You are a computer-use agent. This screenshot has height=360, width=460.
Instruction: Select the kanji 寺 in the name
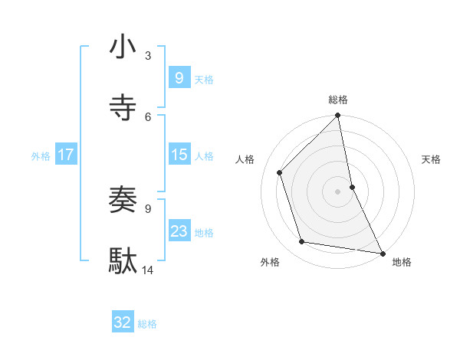pos(123,108)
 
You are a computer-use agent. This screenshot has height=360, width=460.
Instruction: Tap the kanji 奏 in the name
pos(123,200)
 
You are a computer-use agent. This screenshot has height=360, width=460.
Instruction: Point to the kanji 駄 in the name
pos(123,261)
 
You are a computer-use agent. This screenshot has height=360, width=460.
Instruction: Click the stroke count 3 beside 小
pos(148,55)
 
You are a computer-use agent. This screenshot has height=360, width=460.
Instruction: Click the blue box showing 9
pos(179,77)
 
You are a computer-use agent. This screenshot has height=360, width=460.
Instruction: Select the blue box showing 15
pos(179,155)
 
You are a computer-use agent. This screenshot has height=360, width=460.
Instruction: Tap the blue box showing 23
pos(179,231)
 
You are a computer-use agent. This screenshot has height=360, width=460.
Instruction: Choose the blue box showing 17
pos(66,155)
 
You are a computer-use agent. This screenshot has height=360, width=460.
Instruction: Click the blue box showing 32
pos(123,322)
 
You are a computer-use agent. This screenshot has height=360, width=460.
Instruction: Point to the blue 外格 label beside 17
pos(41,156)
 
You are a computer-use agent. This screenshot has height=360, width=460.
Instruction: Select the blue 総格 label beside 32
pos(147,324)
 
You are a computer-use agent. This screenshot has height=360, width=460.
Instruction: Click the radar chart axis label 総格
pos(338,100)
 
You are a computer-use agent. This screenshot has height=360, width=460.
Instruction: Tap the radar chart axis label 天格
pos(432,159)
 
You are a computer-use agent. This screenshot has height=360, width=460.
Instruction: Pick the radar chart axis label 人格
pos(245,159)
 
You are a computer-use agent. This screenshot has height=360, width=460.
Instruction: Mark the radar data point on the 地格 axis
pos(382,253)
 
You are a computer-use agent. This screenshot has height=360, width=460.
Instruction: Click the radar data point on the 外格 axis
pos(302,242)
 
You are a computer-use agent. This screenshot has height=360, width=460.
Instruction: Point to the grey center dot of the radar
pos(338,191)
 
